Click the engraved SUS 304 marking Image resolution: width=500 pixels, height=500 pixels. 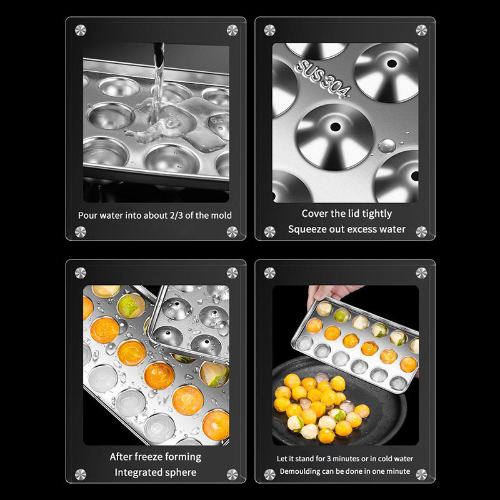tap(322, 79)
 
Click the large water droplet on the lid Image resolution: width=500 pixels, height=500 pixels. tap(387, 146)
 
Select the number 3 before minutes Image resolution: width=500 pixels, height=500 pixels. tap(329, 459)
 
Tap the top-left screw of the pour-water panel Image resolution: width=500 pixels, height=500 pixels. tap(81, 30)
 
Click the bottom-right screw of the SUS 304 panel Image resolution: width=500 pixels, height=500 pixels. tap(421, 232)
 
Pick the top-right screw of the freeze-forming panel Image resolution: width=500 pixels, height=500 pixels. tap(232, 273)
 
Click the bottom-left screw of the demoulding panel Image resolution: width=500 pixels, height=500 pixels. tap(270, 474)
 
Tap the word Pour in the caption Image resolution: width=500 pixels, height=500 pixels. tap(87, 216)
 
